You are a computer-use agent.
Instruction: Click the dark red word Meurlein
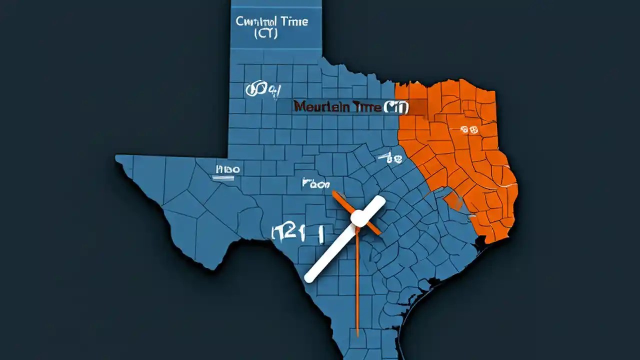click(318, 107)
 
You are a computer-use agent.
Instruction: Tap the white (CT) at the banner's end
click(396, 107)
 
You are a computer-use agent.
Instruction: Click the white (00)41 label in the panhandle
click(262, 90)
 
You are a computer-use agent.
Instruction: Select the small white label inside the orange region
click(470, 130)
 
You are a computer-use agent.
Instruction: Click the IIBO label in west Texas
click(227, 169)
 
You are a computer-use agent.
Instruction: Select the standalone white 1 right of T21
click(318, 232)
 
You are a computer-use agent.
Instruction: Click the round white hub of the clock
click(358, 217)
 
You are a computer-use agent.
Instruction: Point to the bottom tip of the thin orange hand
click(358, 334)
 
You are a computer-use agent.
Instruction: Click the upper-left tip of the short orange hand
click(333, 192)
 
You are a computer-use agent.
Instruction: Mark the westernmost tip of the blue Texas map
click(116, 158)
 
